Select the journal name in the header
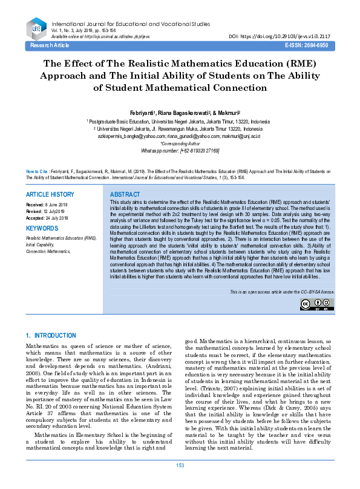coord(131,24)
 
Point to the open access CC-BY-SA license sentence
coord(281,292)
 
